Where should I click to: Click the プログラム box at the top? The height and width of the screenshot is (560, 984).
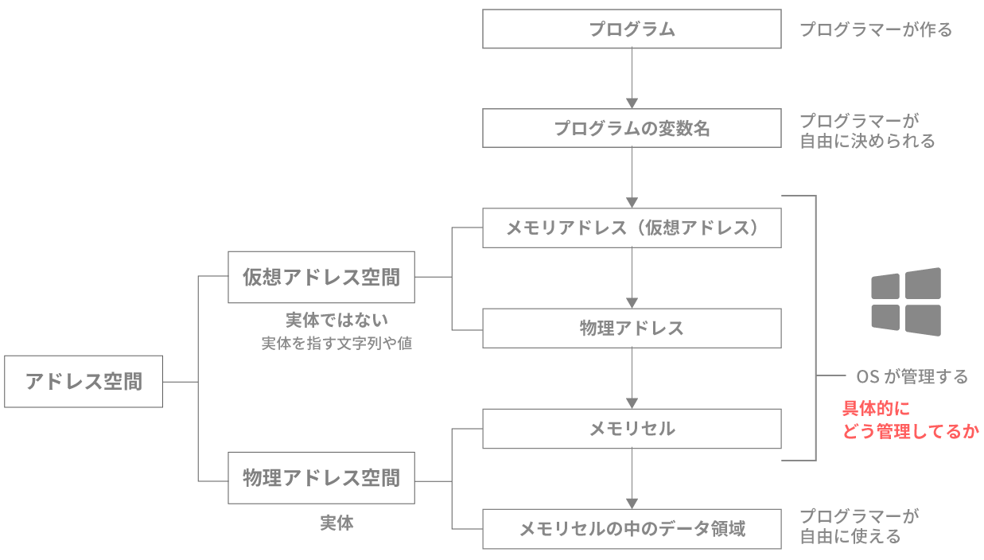[x=632, y=29]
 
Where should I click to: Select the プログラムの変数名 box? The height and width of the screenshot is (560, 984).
[x=632, y=128]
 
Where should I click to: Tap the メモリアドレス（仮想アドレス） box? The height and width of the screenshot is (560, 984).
[x=632, y=228]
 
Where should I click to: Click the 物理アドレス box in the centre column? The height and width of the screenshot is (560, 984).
[x=632, y=328]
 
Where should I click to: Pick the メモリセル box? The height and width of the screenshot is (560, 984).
[x=632, y=429]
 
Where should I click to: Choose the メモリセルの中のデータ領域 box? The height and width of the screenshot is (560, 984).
[x=632, y=528]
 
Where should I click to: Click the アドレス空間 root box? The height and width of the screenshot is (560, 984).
[x=84, y=381]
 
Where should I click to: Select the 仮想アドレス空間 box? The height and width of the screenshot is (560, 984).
[x=321, y=278]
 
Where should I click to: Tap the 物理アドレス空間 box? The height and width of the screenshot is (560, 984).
[x=321, y=478]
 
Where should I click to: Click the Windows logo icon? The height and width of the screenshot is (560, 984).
[x=905, y=301]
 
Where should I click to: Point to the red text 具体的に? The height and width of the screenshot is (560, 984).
[x=876, y=409]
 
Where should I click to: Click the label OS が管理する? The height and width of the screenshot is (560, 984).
[x=912, y=376]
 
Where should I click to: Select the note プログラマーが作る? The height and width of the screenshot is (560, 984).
[x=875, y=30]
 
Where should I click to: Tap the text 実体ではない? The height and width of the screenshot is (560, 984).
[x=336, y=321]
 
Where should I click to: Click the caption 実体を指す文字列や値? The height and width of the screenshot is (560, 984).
[x=336, y=344]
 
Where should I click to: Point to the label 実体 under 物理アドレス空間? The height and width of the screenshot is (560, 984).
[x=336, y=523]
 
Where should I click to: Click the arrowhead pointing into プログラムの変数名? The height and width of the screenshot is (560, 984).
[x=632, y=103]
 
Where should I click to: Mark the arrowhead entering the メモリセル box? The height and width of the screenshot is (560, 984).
[x=632, y=402]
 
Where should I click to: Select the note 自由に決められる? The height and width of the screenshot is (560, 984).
[x=867, y=142]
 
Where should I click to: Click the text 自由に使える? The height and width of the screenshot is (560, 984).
[x=850, y=537]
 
